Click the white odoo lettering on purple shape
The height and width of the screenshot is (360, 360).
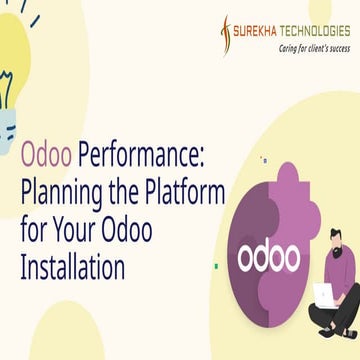(268, 257)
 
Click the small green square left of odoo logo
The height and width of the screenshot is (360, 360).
(217, 265)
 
